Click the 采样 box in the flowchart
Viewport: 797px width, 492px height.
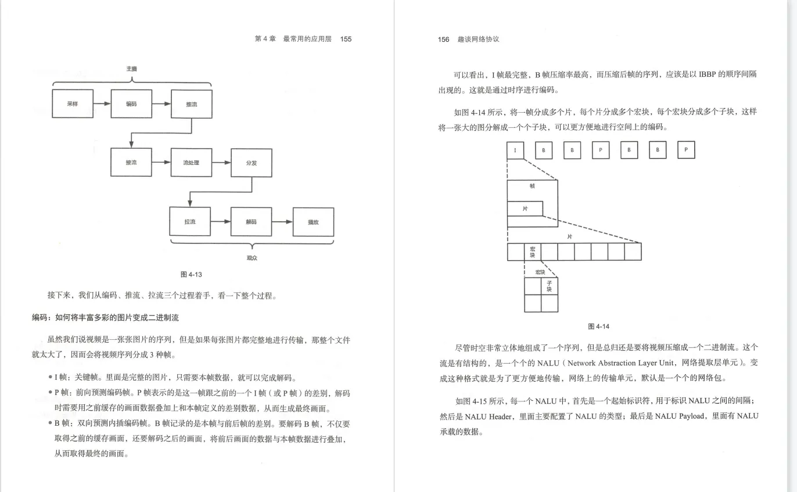click(x=73, y=104)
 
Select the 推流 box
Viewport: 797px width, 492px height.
click(x=191, y=104)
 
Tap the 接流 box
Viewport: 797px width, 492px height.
click(x=131, y=163)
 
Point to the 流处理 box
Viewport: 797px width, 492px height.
click(x=191, y=163)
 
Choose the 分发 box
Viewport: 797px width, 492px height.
click(x=252, y=163)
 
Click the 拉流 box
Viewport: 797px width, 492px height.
click(x=190, y=222)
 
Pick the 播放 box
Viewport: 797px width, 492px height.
click(x=313, y=222)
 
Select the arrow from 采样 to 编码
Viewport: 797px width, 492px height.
click(x=102, y=104)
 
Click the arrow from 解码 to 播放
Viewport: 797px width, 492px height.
click(x=282, y=222)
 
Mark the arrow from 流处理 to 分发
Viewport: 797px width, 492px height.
click(x=221, y=163)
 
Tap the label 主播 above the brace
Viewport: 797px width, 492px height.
click(x=132, y=69)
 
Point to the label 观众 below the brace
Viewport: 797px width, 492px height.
click(x=252, y=257)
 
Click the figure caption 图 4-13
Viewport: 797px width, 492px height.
click(x=191, y=274)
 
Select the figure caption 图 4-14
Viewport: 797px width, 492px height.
click(x=598, y=326)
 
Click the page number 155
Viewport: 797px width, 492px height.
click(x=346, y=39)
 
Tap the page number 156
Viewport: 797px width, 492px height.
click(x=443, y=39)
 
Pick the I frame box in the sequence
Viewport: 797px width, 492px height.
click(x=515, y=150)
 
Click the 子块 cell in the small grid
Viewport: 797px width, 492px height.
click(x=550, y=286)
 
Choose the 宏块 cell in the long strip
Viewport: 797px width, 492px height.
click(x=532, y=252)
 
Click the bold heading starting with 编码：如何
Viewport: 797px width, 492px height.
click(x=105, y=317)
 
